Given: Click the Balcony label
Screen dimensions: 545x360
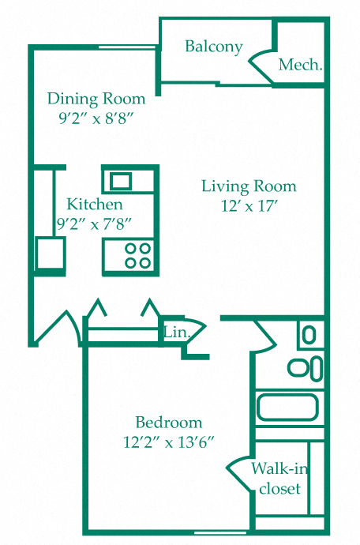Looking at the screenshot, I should pos(213,47).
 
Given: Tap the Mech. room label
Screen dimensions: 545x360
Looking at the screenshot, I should pos(301,66).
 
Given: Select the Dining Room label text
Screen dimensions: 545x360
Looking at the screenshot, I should pos(96,99).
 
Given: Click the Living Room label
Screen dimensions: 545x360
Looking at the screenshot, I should pos(249,186).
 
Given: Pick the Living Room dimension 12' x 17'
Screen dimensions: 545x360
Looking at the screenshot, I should pos(249,206).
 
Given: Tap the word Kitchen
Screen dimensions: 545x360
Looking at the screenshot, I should pos(94,204).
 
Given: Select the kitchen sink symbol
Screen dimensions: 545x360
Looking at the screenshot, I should pos(121,181).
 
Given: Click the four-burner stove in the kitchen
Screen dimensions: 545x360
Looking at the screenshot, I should pos(138,255).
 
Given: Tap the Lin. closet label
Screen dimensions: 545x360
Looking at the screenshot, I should pos(176,333).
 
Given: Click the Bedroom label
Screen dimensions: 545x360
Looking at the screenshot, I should pos(168,422).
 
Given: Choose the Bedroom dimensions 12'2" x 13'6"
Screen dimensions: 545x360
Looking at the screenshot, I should pos(168,442).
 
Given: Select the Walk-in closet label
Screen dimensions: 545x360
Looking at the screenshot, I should pos(279,479).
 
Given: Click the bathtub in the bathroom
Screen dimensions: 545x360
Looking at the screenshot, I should pos(287,408).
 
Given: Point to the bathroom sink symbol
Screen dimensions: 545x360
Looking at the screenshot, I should pos(309,334).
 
